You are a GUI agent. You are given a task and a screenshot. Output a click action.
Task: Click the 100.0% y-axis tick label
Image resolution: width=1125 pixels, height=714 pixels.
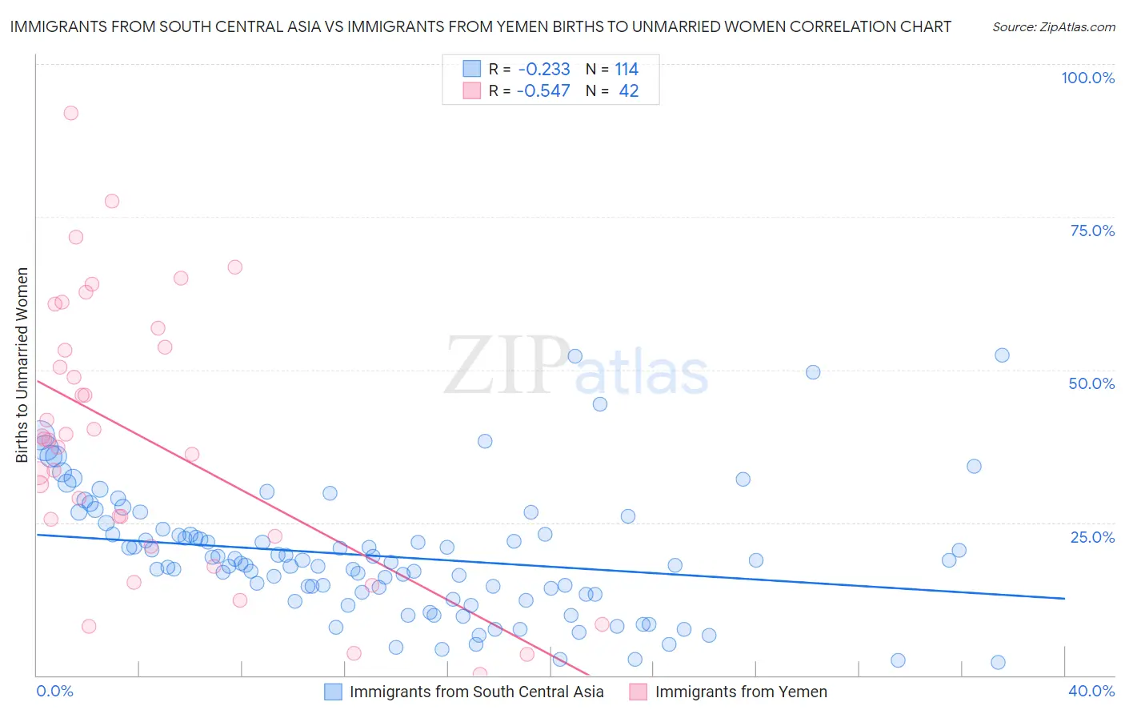[x=1087, y=78]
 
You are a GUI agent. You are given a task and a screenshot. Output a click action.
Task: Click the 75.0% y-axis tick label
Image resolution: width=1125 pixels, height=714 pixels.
[x=1092, y=231]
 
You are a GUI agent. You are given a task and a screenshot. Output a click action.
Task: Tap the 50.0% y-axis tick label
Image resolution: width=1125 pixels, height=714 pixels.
[x=1091, y=383]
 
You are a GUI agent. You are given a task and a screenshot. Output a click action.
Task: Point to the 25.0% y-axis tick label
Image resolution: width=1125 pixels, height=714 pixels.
[x=1092, y=537]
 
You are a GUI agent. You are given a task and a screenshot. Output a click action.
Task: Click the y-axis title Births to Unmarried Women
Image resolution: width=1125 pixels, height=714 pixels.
[x=22, y=365]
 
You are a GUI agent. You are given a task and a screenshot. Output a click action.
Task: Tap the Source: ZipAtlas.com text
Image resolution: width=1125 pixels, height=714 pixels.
[x=1053, y=27]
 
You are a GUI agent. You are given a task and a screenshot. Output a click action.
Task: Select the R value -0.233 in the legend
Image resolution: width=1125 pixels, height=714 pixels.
[x=543, y=70]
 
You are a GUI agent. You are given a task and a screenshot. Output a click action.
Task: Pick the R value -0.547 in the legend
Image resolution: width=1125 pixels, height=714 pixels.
[x=543, y=91]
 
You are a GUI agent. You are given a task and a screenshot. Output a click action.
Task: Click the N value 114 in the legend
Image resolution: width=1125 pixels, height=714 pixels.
[x=627, y=70]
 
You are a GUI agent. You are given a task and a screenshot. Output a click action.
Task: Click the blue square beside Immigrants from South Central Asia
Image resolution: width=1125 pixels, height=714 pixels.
[x=333, y=692]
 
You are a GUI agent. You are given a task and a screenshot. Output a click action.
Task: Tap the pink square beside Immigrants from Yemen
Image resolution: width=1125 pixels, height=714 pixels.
[x=638, y=692]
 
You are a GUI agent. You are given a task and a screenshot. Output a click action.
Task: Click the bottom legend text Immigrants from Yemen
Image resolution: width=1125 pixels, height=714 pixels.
[x=741, y=692]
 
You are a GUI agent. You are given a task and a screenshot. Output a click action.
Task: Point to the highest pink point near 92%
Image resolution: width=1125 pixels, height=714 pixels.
[x=70, y=113]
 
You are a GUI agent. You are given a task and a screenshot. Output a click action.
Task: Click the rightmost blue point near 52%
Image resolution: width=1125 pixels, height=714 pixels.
[x=1002, y=355]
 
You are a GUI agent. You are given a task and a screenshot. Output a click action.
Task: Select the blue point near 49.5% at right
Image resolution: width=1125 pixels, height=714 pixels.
[x=813, y=372]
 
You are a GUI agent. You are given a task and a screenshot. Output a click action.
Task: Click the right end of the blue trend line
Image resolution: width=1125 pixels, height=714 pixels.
[x=1064, y=599]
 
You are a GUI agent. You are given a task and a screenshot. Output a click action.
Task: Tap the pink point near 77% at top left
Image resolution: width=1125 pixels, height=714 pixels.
[x=112, y=201]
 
